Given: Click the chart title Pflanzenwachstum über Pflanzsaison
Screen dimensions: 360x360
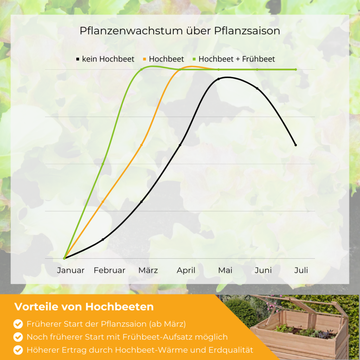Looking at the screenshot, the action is [180, 31].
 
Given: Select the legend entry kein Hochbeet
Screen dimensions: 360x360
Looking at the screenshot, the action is [105, 59].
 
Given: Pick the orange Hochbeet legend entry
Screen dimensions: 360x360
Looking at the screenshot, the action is [163, 59].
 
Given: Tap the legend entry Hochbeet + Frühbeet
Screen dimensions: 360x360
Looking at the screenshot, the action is [234, 59].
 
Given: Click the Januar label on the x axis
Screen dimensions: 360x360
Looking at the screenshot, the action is [71, 270].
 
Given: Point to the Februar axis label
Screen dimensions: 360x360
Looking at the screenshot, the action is [110, 270].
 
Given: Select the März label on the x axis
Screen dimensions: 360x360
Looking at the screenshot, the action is [148, 270].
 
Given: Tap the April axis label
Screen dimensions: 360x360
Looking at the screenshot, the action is [186, 270].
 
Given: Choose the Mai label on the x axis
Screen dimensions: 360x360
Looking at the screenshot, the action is [225, 270].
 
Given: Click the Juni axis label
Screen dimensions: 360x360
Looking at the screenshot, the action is [263, 270].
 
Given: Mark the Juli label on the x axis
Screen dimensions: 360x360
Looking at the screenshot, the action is [301, 270].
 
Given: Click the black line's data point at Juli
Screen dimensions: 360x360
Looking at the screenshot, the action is [296, 145].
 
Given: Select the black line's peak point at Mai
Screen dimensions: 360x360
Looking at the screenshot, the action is [219, 79].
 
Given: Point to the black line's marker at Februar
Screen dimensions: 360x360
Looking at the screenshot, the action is [103, 239].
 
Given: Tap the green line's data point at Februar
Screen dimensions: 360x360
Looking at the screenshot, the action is [103, 164].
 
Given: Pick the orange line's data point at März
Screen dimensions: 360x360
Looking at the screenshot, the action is [141, 145].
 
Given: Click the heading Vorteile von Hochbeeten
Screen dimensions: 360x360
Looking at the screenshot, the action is [84, 307].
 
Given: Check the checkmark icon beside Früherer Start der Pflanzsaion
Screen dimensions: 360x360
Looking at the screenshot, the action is [18, 324].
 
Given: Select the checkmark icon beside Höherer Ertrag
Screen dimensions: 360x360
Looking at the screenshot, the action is [18, 350].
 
